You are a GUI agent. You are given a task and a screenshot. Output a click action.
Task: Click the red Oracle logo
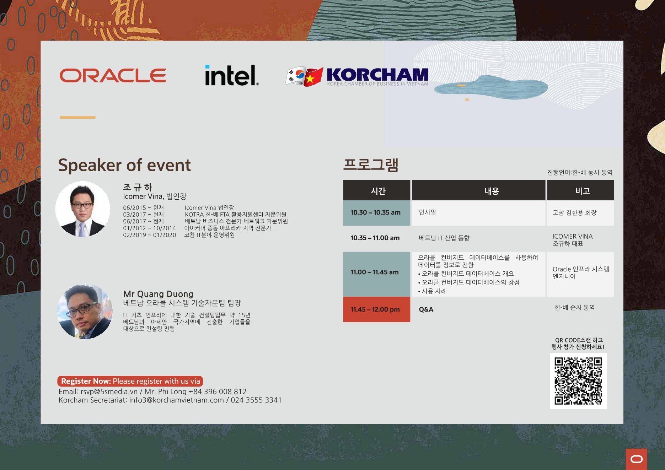pyautogui.click(x=113, y=76)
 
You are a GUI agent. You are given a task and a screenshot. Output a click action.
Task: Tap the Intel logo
pyautogui.click(x=232, y=75)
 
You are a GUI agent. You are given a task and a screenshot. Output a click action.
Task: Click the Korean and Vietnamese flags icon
pyautogui.click(x=304, y=76)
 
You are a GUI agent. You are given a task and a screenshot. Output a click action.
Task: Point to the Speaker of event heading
pyautogui.click(x=124, y=165)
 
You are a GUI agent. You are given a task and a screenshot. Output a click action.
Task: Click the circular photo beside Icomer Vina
pyautogui.click(x=83, y=209)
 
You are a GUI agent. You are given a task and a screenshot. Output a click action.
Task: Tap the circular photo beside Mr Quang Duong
pyautogui.click(x=85, y=311)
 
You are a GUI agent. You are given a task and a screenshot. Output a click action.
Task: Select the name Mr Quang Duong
pyautogui.click(x=158, y=294)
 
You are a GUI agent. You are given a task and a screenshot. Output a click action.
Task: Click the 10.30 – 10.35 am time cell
pyautogui.click(x=376, y=213)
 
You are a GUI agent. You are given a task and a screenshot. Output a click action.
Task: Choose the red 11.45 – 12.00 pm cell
pyautogui.click(x=376, y=309)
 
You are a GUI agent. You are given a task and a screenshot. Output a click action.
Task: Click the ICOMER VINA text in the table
pyautogui.click(x=573, y=236)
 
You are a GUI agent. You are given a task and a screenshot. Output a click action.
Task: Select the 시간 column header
pyautogui.click(x=376, y=190)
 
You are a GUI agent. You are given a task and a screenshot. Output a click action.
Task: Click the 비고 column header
pyautogui.click(x=580, y=190)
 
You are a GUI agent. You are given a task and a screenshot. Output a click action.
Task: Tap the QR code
pyautogui.click(x=578, y=381)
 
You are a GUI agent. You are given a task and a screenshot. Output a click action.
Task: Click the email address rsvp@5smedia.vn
pyautogui.click(x=109, y=391)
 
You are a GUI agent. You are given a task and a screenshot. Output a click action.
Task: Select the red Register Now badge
pyautogui.click(x=130, y=381)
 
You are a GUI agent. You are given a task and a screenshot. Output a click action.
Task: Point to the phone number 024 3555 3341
pyautogui.click(x=256, y=400)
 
